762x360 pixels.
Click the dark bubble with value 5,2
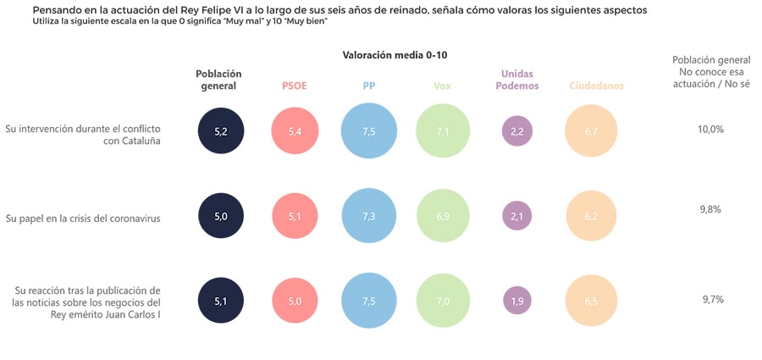(x=221, y=131)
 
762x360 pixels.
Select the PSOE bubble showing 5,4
(x=295, y=131)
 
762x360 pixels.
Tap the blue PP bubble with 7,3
(x=369, y=216)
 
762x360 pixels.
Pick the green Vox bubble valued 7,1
(x=443, y=131)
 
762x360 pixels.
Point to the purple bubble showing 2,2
(x=516, y=131)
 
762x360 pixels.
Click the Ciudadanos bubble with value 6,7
(x=592, y=131)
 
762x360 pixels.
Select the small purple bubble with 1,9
(x=516, y=300)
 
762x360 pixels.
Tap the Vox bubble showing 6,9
(x=443, y=216)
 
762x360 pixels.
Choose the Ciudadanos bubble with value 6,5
(x=592, y=300)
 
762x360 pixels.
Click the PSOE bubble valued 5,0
(x=295, y=300)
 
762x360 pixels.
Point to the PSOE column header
(x=295, y=86)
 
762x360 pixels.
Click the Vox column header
(x=443, y=86)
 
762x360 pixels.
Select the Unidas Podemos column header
(x=516, y=80)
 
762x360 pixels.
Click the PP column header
(x=369, y=86)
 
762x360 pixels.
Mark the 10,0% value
(x=710, y=129)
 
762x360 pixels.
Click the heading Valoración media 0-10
(x=395, y=55)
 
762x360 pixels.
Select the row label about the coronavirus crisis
(x=83, y=218)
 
